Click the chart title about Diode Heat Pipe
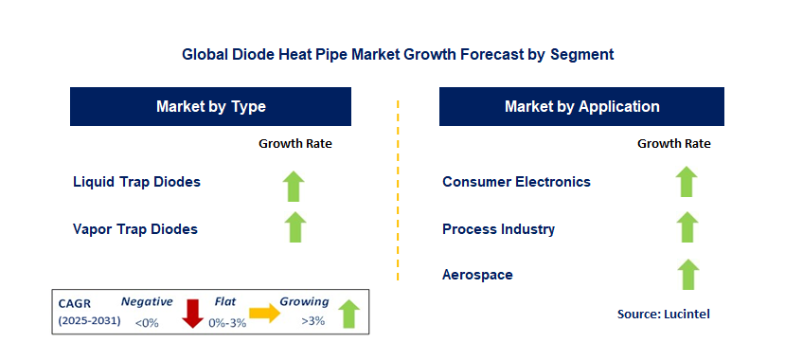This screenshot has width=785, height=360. point(398,55)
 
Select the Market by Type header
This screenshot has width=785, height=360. point(211,107)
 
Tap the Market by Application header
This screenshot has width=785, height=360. point(581,107)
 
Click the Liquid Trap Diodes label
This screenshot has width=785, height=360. point(136,181)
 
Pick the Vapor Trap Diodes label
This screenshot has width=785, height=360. point(135,228)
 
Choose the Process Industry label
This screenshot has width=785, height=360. point(498,228)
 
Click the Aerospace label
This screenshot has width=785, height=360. point(478,275)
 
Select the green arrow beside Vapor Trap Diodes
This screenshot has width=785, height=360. point(294,228)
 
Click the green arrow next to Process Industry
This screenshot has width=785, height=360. point(687,228)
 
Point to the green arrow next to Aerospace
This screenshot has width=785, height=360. point(687,275)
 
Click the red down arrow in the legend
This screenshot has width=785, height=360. point(194,313)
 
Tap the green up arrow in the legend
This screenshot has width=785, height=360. point(348,313)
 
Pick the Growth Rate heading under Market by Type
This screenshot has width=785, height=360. point(294,144)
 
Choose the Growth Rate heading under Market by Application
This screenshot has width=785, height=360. point(673,144)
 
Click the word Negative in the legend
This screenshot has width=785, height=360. point(147,301)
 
